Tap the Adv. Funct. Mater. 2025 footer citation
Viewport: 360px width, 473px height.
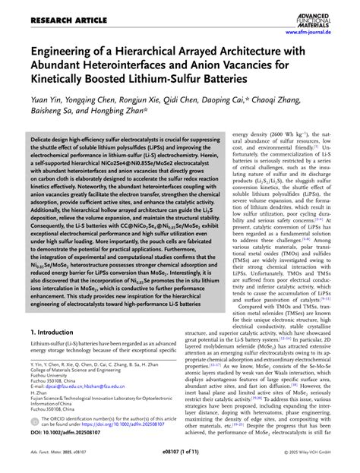(x=46, y=465)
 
